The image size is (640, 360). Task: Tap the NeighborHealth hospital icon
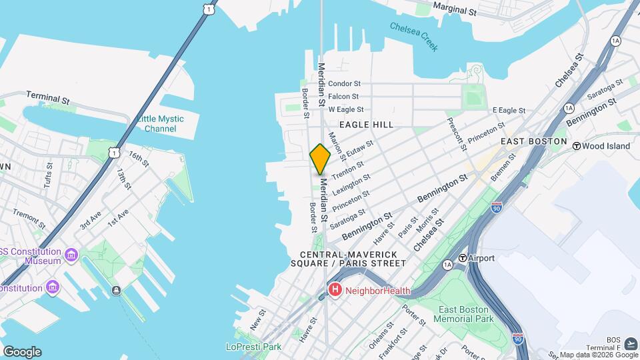coord(335,290)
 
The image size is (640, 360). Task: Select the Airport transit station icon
coord(462,258)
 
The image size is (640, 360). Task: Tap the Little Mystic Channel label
coord(159,123)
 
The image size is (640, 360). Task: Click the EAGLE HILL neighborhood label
coord(366,125)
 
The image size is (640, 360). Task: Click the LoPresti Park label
coord(253,347)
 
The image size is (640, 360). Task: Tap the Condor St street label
coord(345,84)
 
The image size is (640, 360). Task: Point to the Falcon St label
coord(345,97)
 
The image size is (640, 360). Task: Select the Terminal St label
coord(47,98)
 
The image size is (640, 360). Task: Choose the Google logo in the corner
coord(22,352)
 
